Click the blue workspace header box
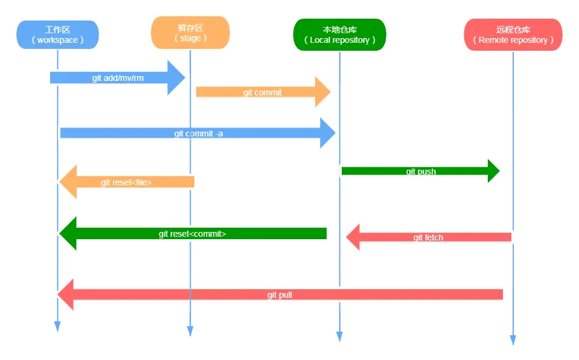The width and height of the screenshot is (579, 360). click(57, 34)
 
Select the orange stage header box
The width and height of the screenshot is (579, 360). click(190, 32)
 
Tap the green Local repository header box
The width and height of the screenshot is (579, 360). click(339, 34)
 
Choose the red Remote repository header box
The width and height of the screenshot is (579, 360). click(513, 34)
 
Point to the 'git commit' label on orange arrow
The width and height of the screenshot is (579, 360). click(262, 92)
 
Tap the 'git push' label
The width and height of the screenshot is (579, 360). click(421, 172)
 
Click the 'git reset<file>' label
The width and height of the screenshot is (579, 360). click(126, 182)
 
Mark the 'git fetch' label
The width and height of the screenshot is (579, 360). click(428, 237)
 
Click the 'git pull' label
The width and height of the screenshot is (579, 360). click(280, 295)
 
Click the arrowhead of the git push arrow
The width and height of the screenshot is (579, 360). click(493, 172)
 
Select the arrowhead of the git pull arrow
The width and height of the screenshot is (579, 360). click(65, 294)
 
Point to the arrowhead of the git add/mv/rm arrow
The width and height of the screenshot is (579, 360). click(177, 78)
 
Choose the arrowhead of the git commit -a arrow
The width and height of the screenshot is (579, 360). click(328, 133)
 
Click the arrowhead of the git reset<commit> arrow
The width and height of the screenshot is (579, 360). click(66, 234)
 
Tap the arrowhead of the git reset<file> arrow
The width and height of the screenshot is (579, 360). click(66, 182)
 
